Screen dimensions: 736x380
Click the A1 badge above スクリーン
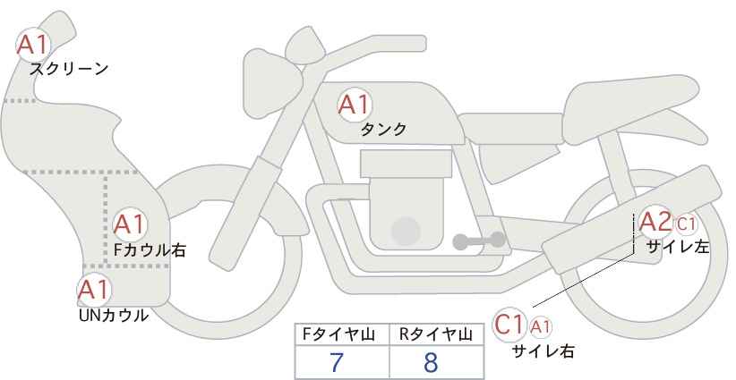pos(33,45)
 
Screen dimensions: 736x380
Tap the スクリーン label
pos(69,70)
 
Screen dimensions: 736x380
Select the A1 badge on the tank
pos(355,105)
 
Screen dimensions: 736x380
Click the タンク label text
pos(383,129)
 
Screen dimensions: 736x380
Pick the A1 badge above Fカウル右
pos(130,225)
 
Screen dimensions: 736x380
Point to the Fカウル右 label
pos(150,250)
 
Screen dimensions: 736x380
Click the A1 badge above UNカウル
pos(94,290)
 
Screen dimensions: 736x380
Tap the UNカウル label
pos(114,316)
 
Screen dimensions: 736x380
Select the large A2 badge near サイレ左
pos(656,222)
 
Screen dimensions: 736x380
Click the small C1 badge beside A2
pos(686,224)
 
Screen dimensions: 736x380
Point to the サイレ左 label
pos(678,247)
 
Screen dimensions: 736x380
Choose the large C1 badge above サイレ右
pos(509,325)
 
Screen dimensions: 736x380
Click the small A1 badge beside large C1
pos(540,327)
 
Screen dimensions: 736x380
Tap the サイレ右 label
pos(543,351)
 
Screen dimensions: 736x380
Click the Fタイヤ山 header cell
pos(342,335)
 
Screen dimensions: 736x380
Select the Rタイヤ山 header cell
pos(437,335)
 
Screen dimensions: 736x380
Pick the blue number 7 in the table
pos(337,362)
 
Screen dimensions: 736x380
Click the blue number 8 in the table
pos(431,362)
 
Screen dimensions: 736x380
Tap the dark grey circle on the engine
pos(406,232)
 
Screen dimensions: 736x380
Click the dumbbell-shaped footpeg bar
pos(479,241)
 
